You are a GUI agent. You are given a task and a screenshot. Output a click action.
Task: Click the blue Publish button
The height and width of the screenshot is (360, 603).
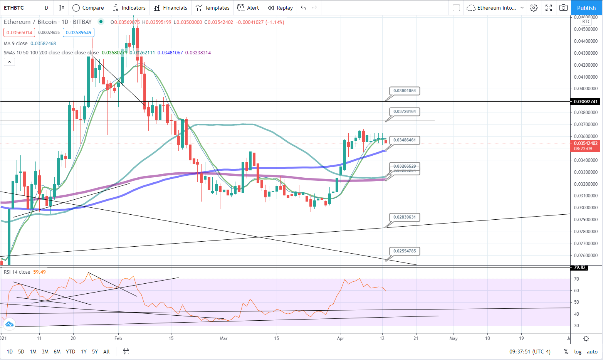[x=586, y=8]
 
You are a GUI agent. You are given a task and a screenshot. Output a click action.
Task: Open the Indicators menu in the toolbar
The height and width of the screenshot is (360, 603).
[x=129, y=8]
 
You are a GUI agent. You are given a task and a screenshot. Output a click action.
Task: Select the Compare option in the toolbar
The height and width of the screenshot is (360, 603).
[x=88, y=8]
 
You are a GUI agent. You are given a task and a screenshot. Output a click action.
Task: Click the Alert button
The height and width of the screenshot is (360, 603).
[x=248, y=8]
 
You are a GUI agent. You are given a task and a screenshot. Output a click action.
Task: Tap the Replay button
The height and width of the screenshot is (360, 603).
[x=280, y=8]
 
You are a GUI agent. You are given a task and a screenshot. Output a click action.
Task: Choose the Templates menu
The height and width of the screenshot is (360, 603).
[x=212, y=8]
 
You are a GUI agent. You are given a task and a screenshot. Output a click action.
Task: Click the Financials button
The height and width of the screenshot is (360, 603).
[x=170, y=8]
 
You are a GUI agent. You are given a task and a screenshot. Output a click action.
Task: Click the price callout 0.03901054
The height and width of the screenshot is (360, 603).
[x=405, y=91]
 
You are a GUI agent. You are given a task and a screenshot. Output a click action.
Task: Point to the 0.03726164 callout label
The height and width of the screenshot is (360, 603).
[x=405, y=112]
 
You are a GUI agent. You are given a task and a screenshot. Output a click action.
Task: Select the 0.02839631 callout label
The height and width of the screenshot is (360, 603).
[x=405, y=217]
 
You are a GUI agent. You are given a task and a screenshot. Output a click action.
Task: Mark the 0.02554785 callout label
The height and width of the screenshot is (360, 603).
[x=405, y=251]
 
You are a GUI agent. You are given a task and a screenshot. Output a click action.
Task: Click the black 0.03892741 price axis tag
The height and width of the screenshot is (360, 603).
[x=586, y=102]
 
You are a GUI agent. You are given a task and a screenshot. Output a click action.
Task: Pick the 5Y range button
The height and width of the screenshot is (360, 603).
[x=95, y=352]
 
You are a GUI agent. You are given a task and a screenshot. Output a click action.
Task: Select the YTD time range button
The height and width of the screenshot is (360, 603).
[x=71, y=352]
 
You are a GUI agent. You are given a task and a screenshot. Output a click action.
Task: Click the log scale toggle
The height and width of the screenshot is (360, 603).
[x=578, y=352]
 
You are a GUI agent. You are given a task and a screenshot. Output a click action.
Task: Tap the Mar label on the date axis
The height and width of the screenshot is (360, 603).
[x=223, y=338]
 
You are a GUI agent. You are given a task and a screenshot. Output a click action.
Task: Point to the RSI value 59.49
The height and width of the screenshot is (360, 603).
[x=39, y=272]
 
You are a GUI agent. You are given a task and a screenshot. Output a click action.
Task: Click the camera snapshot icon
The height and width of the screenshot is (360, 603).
[x=563, y=8]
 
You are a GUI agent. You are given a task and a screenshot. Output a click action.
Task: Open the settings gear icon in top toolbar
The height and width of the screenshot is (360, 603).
[x=534, y=8]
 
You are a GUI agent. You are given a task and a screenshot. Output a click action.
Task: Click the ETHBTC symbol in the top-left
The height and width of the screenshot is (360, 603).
[x=14, y=8]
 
